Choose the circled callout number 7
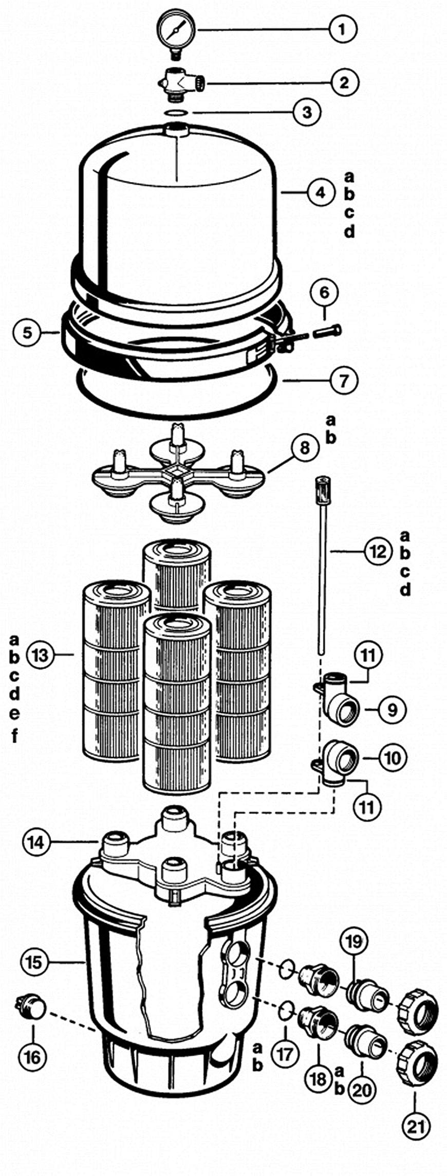[343, 381]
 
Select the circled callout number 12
[378, 552]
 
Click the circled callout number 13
[40, 655]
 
